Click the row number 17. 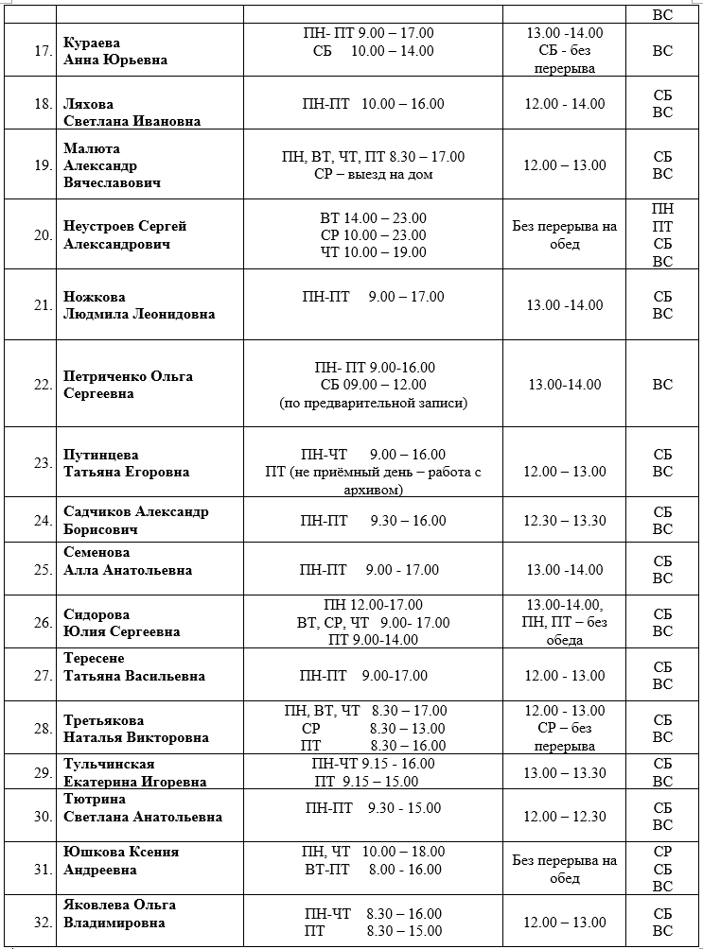(43, 50)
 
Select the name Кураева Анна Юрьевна (115, 51)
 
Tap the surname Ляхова (89, 103)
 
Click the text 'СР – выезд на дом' (373, 174)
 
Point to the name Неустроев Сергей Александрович (125, 234)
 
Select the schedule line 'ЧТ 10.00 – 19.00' (373, 252)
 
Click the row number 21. (43, 304)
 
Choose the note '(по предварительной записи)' (373, 403)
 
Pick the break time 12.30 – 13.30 (564, 521)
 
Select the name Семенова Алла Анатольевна (128, 561)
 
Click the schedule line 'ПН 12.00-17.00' (373, 605)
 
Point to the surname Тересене (94, 658)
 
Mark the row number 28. (43, 728)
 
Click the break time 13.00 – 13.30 (564, 773)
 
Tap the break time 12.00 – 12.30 (564, 817)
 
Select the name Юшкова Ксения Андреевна (121, 860)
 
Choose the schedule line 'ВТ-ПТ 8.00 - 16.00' (373, 870)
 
